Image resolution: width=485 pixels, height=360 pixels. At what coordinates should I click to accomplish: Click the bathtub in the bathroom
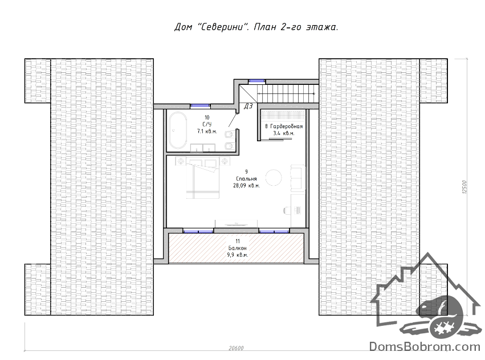click(x=178, y=131)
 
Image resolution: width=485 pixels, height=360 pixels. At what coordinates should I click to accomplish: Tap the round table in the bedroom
click(x=274, y=178)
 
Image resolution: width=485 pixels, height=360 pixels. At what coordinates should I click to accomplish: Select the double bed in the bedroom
click(x=203, y=181)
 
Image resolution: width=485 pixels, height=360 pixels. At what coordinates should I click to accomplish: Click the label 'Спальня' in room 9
click(x=246, y=179)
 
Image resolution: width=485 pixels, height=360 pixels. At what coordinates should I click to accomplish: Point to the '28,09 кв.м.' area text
click(x=246, y=186)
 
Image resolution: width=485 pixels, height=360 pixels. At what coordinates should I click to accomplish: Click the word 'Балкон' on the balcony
click(x=238, y=248)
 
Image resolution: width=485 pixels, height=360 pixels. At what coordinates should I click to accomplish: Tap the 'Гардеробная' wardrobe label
click(x=287, y=126)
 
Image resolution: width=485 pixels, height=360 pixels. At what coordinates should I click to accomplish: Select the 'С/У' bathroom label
click(x=207, y=124)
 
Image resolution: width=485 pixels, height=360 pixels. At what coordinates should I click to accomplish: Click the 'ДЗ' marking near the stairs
click(x=248, y=107)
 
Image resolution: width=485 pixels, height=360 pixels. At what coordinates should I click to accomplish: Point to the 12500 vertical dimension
click(x=464, y=187)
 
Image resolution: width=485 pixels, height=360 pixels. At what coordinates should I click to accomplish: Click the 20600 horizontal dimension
click(x=236, y=348)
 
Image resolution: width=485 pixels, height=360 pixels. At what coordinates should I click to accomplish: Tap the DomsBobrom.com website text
click(x=425, y=347)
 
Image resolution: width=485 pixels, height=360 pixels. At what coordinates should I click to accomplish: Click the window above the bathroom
click(x=200, y=106)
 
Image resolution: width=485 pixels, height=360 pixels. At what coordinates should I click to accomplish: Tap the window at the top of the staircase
click(x=257, y=81)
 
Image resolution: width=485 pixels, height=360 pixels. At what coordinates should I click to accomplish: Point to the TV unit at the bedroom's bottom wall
click(x=237, y=223)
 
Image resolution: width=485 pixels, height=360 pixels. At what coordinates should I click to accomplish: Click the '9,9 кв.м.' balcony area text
click(x=238, y=255)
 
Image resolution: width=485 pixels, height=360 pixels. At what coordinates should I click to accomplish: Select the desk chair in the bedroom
click(x=287, y=210)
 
